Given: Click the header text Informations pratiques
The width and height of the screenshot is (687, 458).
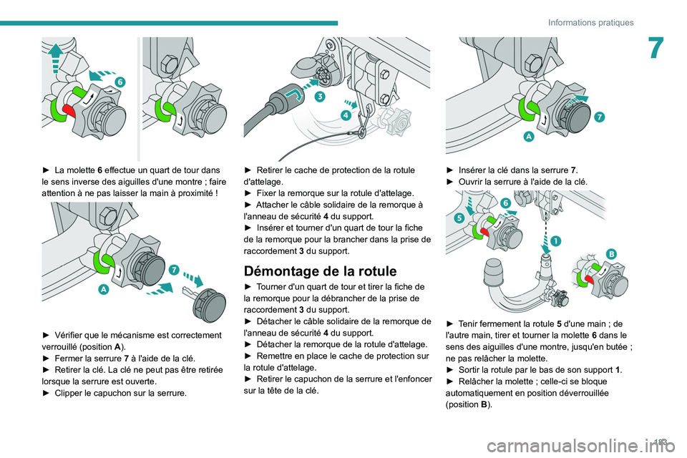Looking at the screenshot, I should [590, 22].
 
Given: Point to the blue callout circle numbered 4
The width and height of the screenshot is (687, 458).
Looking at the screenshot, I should [346, 116].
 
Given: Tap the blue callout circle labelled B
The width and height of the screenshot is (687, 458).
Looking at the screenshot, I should [612, 254].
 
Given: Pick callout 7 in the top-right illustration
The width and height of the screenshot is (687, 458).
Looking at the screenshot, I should [598, 116].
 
